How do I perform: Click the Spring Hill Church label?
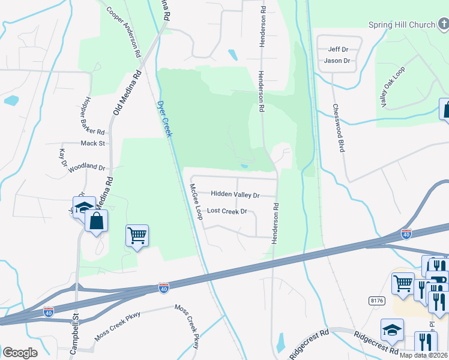402,25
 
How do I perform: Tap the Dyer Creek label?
164,118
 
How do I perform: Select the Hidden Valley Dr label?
235,195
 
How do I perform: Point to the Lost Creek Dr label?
227,211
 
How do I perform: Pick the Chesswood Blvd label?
339,128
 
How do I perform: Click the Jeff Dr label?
339,49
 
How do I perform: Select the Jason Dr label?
337,61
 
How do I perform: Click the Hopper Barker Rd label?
91,115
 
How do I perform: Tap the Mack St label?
93,143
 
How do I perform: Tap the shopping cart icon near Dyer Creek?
137,236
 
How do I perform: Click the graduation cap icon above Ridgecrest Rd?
392,329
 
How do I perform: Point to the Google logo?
20,353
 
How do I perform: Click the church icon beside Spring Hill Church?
443,25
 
